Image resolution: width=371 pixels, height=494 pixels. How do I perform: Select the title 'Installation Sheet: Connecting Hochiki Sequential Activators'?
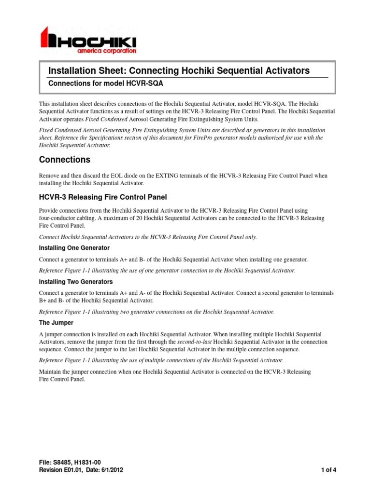tap(179, 70)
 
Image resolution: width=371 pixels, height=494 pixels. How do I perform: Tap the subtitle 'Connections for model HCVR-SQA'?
tap(105, 83)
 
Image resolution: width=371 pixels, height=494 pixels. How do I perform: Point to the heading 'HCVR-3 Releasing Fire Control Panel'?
tap(102, 197)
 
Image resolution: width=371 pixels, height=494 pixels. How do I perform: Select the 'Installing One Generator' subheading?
tap(74, 248)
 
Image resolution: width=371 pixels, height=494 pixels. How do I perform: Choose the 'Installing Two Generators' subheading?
tap(75, 282)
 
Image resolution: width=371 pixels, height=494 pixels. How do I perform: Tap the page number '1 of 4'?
tap(328, 470)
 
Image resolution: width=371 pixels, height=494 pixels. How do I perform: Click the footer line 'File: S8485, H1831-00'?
tap(70, 462)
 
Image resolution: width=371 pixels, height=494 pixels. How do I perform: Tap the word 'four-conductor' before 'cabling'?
tap(57, 218)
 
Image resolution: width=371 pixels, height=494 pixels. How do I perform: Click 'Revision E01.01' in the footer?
tap(61, 470)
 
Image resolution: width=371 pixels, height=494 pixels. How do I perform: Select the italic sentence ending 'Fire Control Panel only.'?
tap(148, 237)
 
